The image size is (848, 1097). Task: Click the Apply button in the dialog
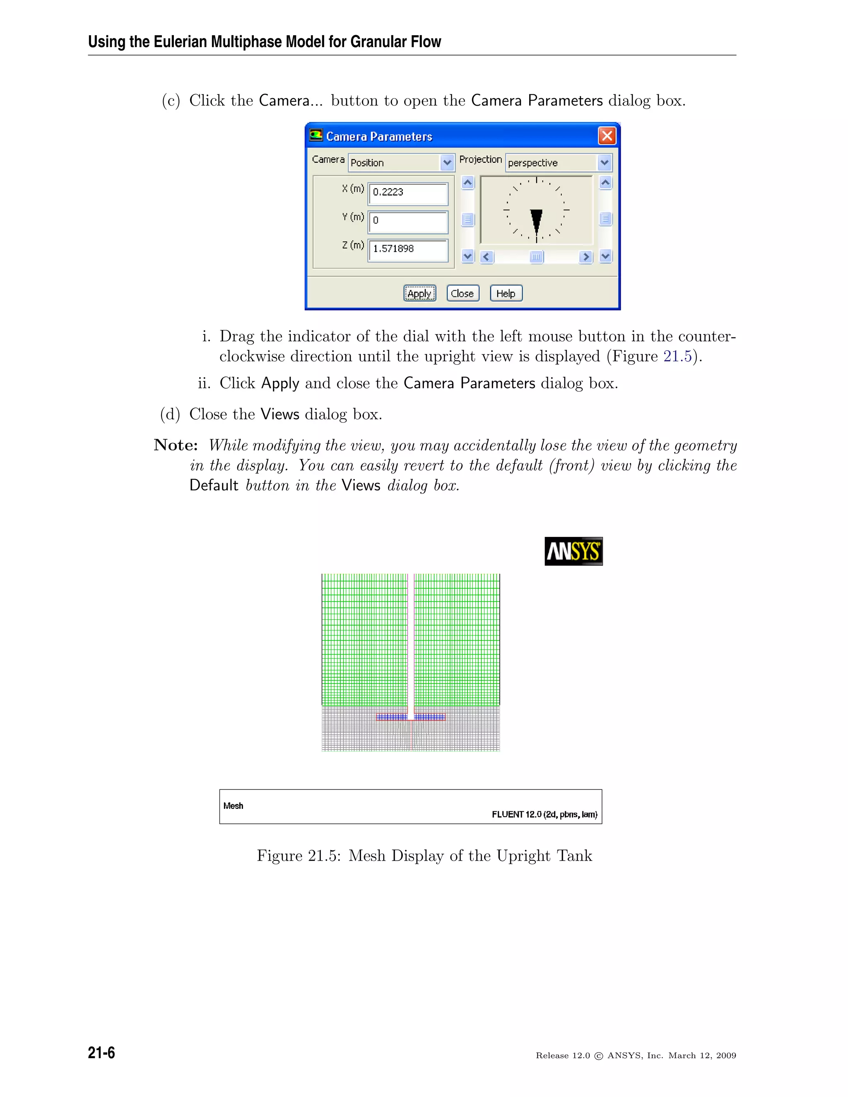tap(419, 293)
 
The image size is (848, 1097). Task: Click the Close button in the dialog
tap(462, 293)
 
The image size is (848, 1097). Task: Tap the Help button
tap(506, 293)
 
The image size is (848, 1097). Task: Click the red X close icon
tap(607, 136)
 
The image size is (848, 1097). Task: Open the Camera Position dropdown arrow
tap(447, 163)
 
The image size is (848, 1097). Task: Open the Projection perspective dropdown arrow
tap(605, 163)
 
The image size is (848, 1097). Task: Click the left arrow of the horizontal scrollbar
tap(486, 257)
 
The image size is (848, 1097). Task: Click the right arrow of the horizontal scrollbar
tap(585, 257)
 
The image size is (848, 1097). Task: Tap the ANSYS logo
tap(573, 551)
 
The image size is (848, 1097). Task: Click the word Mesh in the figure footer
tap(233, 806)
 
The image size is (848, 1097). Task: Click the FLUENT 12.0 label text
tap(544, 815)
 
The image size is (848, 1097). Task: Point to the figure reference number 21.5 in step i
tap(677, 356)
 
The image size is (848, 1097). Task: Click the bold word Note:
tap(175, 445)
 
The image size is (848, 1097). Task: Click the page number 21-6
tap(101, 1053)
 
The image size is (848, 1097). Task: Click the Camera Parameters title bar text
tap(379, 137)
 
